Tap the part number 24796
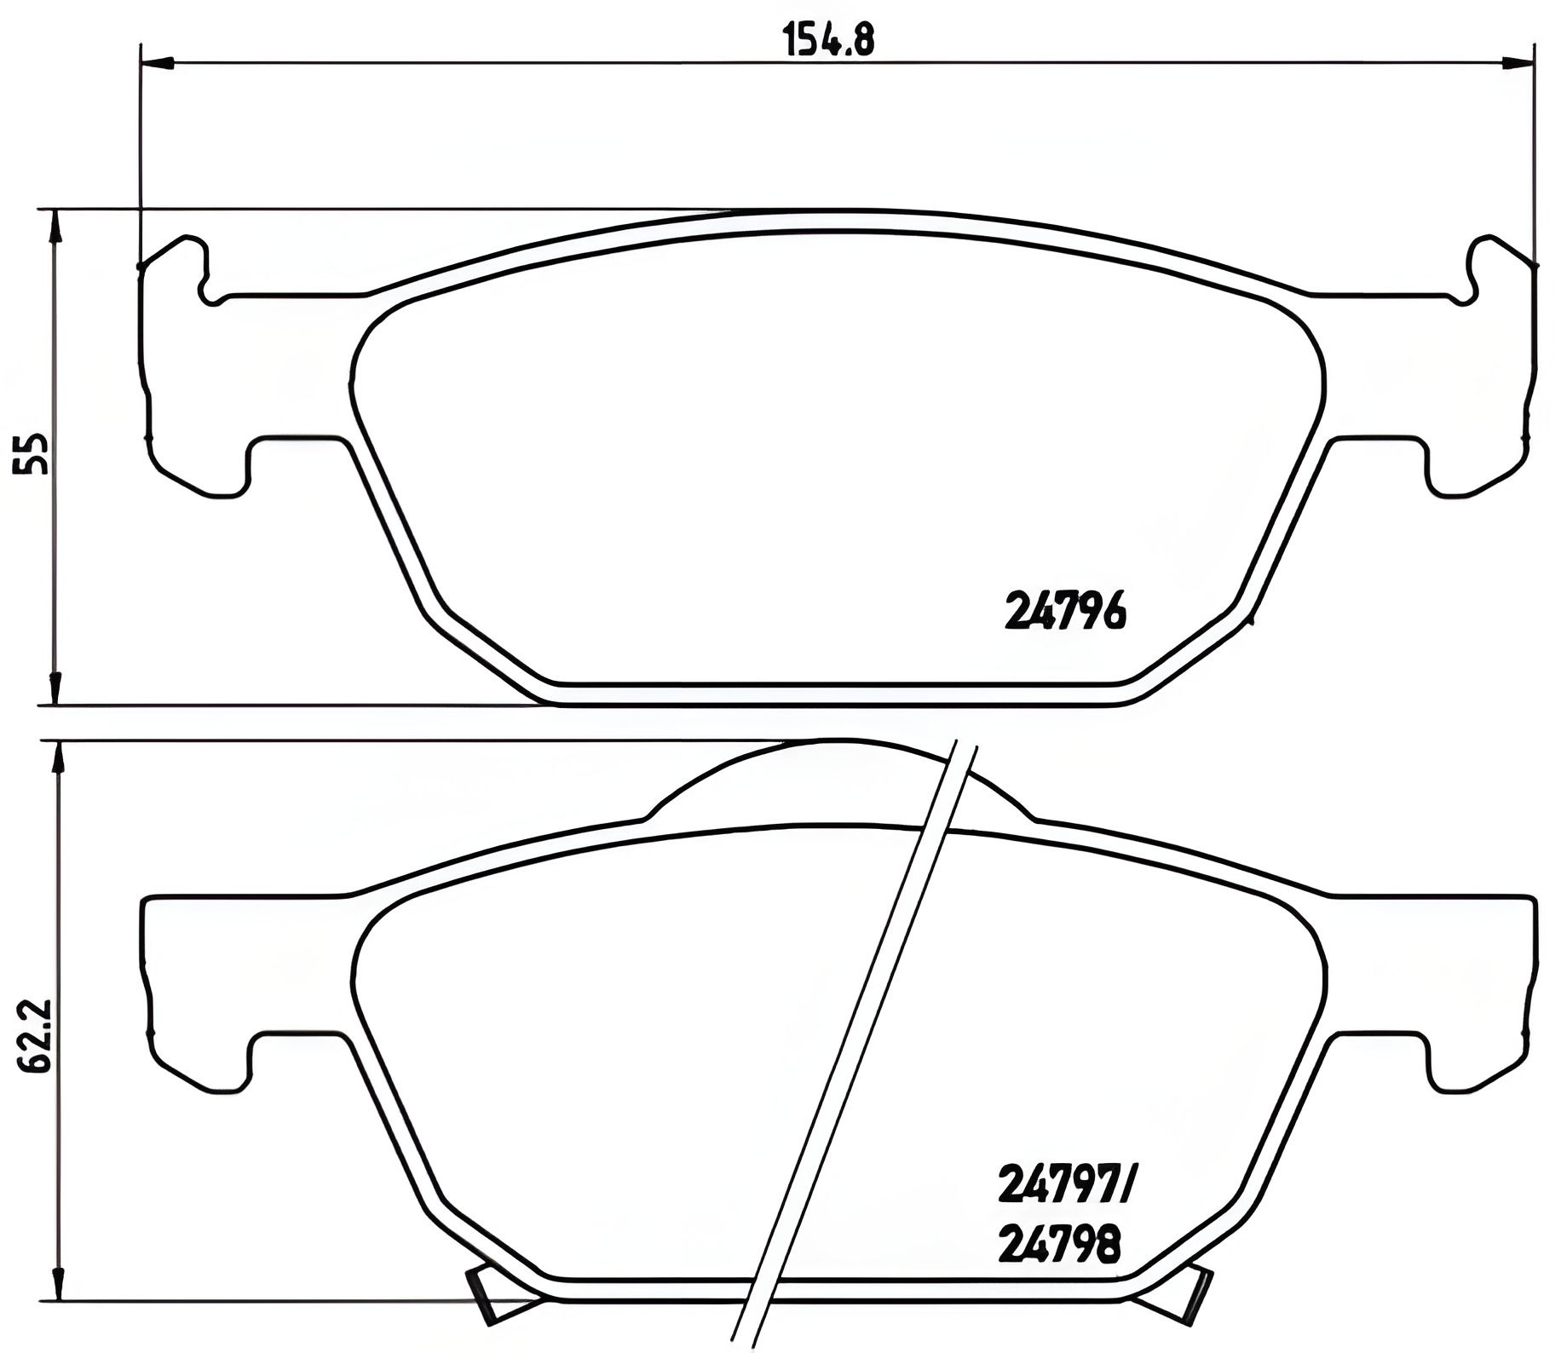[1065, 610]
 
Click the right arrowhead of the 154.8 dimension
[1518, 62]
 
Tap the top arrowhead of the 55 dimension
[55, 226]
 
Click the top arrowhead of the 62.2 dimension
[58, 757]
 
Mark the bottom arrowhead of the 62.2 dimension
[58, 1283]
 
